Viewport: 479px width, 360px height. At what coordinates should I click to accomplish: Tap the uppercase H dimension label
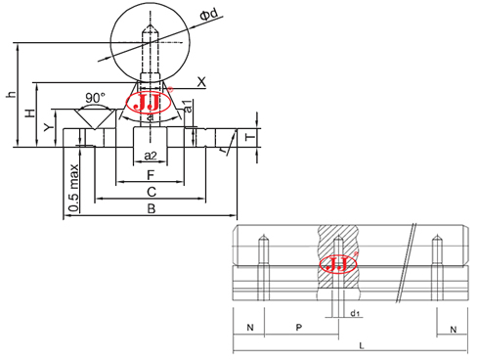(x=29, y=114)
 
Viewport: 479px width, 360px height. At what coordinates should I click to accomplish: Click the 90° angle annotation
(x=94, y=98)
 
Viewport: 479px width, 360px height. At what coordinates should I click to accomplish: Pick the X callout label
(x=201, y=81)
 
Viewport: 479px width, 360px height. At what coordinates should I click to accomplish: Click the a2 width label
(x=150, y=157)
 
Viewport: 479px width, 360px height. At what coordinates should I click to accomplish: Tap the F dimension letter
(x=149, y=175)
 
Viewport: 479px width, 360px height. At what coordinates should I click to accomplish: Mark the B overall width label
(x=150, y=209)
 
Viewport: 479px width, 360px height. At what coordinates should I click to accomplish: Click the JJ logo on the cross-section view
(x=151, y=104)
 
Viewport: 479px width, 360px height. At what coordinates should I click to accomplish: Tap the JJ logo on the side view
(x=337, y=264)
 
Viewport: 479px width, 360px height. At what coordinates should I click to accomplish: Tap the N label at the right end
(x=453, y=330)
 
